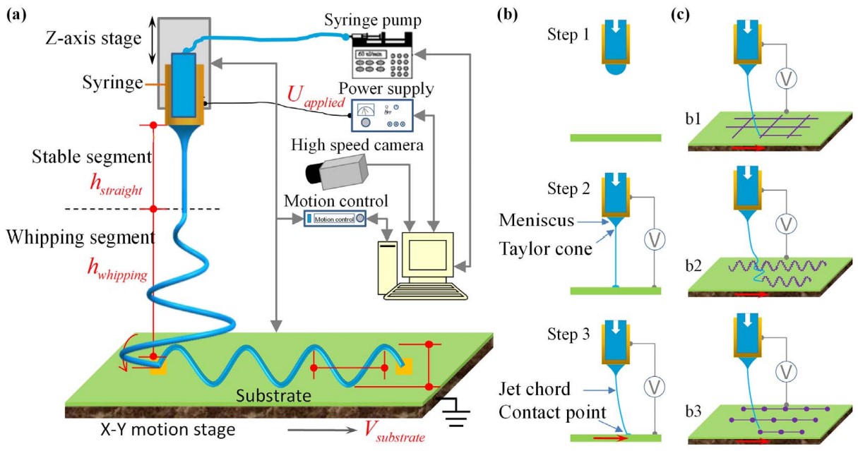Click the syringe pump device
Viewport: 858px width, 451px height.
click(x=381, y=56)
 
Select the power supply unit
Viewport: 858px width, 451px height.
click(x=383, y=114)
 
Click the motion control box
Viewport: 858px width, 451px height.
click(x=338, y=219)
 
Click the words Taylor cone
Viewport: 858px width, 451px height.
click(x=553, y=248)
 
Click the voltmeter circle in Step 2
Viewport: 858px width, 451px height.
click(x=655, y=240)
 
